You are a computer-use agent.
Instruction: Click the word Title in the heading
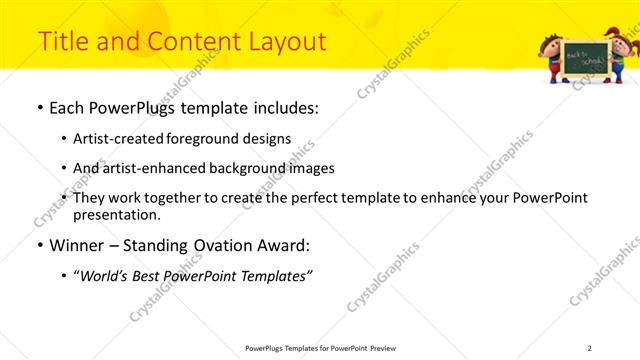63,41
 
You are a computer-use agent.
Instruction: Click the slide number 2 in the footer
589,347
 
